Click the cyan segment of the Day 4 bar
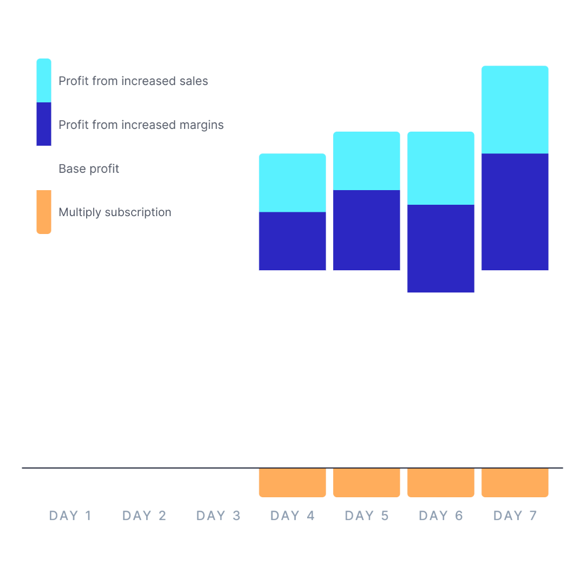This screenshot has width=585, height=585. pyautogui.click(x=292, y=183)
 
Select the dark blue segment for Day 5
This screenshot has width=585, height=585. pyautogui.click(x=367, y=230)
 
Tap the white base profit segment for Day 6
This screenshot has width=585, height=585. pyautogui.click(x=441, y=379)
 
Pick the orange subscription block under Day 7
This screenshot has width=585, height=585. pyautogui.click(x=515, y=482)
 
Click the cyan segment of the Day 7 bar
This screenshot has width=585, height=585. pyautogui.click(x=515, y=109)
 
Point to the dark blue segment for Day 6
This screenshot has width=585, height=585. pyautogui.click(x=441, y=248)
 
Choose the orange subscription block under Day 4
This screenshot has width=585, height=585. pyautogui.click(x=292, y=482)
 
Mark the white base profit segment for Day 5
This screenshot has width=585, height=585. pyautogui.click(x=367, y=368)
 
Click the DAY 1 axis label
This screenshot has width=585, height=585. pyautogui.click(x=70, y=516)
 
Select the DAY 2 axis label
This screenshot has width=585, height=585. pyautogui.click(x=145, y=516)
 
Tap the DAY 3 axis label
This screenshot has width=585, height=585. pyautogui.click(x=218, y=516)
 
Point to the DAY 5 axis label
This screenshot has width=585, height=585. pyautogui.click(x=367, y=516)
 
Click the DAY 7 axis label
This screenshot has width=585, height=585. pyautogui.click(x=515, y=516)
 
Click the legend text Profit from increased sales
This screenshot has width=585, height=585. pyautogui.click(x=133, y=81)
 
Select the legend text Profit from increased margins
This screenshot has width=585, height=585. pyautogui.click(x=141, y=125)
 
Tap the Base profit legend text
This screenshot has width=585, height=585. pyautogui.click(x=89, y=169)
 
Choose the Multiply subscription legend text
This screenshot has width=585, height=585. pyautogui.click(x=115, y=212)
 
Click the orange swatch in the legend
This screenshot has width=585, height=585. pyautogui.click(x=44, y=212)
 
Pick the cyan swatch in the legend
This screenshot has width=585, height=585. pyautogui.click(x=44, y=80)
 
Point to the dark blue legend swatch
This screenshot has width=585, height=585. pyautogui.click(x=44, y=124)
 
